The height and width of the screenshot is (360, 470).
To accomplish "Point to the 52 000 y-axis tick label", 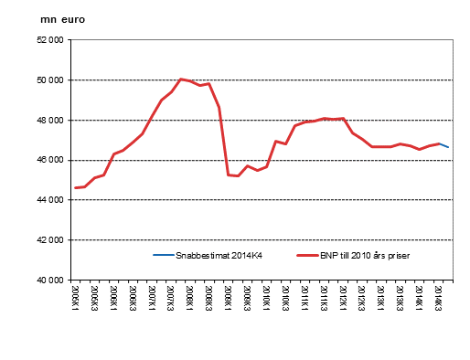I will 49,40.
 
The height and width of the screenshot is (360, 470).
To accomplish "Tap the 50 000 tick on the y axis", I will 49,80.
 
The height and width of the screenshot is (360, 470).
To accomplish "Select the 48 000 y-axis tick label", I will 49,121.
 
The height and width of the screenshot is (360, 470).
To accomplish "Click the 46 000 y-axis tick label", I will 49,160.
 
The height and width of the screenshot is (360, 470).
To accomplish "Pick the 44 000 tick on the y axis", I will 49,200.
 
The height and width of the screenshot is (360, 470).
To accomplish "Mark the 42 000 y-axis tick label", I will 49,240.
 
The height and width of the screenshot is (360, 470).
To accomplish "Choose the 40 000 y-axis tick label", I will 49,280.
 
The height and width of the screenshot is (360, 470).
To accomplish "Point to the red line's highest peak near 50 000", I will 181,79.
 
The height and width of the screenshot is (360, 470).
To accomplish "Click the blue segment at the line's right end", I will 444,145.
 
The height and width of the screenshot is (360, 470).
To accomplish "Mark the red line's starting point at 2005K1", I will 76,187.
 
